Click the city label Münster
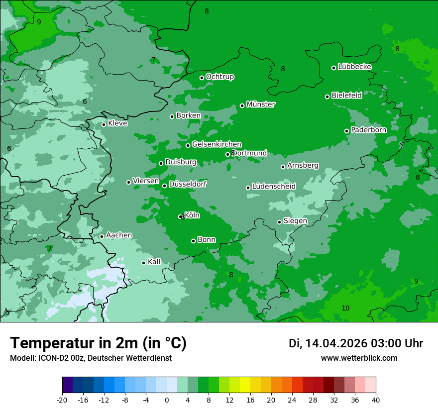(260, 104)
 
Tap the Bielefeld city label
(346, 96)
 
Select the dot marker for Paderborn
(347, 131)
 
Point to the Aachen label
(119, 235)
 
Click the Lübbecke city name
(354, 67)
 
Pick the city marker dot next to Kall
(143, 263)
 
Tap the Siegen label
(295, 221)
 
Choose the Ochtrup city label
(219, 77)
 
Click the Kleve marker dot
(104, 124)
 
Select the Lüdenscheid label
(274, 187)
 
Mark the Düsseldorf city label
(188, 184)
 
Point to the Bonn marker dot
(193, 241)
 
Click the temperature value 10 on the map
(345, 309)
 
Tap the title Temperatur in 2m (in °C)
(99, 343)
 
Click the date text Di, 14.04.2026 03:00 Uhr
(356, 343)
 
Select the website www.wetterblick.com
(359, 358)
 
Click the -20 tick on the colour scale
(62, 400)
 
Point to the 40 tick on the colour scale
(375, 400)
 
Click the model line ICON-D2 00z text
(91, 358)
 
